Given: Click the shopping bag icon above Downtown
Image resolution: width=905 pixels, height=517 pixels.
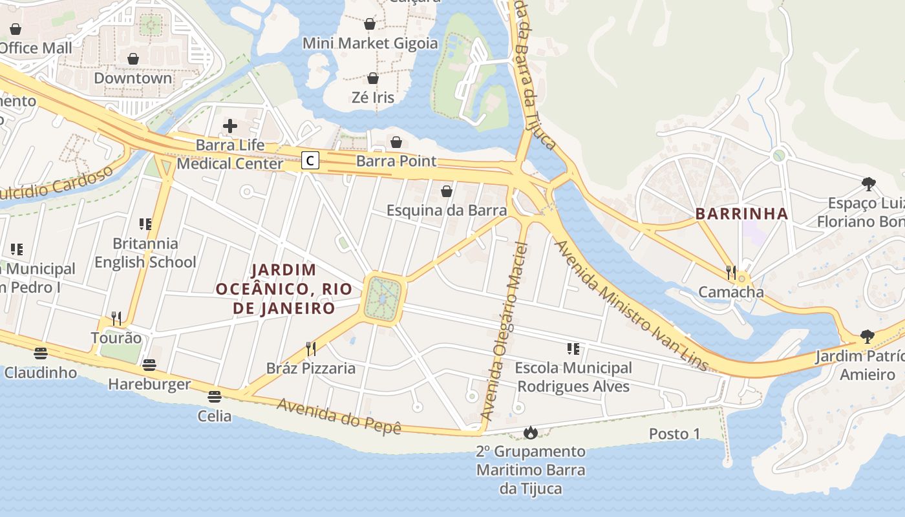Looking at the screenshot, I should point(133,59).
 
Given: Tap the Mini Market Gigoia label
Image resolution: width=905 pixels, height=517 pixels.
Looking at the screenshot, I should point(370,43).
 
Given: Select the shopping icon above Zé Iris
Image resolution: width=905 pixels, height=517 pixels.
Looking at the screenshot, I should point(373,78).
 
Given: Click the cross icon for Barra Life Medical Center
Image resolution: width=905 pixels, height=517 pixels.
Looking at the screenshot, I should point(230,126).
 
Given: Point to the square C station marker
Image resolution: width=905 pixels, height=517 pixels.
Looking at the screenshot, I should point(310,160).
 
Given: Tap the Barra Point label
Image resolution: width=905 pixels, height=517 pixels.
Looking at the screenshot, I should point(396,161).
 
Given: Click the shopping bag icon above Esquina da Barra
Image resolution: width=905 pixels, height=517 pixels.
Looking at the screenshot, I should point(446,191).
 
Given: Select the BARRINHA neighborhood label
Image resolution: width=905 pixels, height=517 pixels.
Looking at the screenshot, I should point(741,214).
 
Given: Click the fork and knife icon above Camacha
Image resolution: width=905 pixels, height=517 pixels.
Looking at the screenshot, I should point(731,273).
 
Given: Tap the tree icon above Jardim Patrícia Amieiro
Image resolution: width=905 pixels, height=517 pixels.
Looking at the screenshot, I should point(867,337).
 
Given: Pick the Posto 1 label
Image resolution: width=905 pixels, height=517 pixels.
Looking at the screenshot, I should point(674,434).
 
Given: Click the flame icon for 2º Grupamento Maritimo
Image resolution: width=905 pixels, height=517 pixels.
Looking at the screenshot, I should point(530,432).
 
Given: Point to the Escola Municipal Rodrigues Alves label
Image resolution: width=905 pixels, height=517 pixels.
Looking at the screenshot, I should point(573,377).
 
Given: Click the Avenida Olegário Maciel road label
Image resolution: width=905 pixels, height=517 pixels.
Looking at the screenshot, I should point(506,330).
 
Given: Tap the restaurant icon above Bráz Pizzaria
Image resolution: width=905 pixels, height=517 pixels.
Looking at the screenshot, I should point(311,349).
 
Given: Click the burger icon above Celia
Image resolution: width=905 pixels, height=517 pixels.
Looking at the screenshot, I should point(215,396).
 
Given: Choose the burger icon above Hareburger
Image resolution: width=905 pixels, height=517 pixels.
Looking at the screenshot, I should point(149,365).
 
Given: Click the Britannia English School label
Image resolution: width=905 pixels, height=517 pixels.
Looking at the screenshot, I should point(145,253).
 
